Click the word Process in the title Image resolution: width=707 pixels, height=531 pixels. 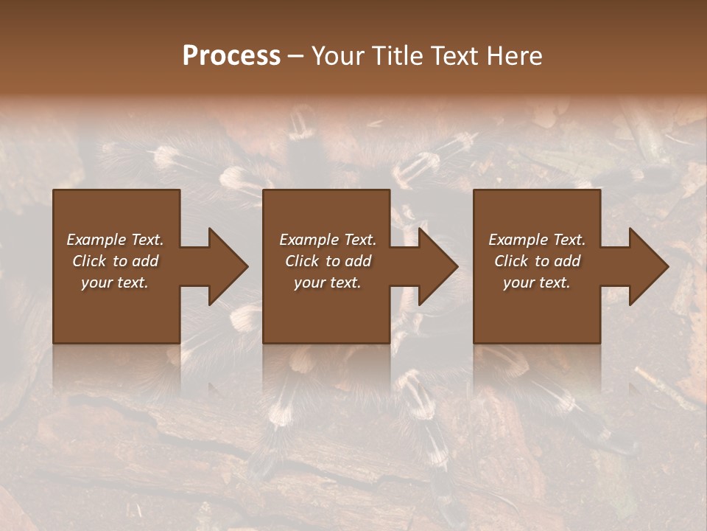tap(231, 56)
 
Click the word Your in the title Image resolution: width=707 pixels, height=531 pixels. tap(338, 56)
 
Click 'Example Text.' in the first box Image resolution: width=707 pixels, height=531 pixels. tap(115, 240)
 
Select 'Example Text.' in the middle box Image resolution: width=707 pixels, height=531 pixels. tap(328, 240)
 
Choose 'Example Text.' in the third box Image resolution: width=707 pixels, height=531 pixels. tap(537, 240)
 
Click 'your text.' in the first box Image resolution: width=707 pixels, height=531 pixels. tap(115, 282)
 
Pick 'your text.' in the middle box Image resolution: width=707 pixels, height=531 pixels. tap(328, 282)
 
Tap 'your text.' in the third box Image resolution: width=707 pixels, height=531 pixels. tap(537, 282)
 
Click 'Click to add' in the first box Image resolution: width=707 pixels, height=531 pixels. tap(115, 261)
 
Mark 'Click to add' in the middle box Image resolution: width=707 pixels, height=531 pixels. tap(328, 261)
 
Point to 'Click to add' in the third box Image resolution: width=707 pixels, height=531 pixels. tap(537, 261)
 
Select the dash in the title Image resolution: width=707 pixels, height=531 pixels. tap(295, 57)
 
